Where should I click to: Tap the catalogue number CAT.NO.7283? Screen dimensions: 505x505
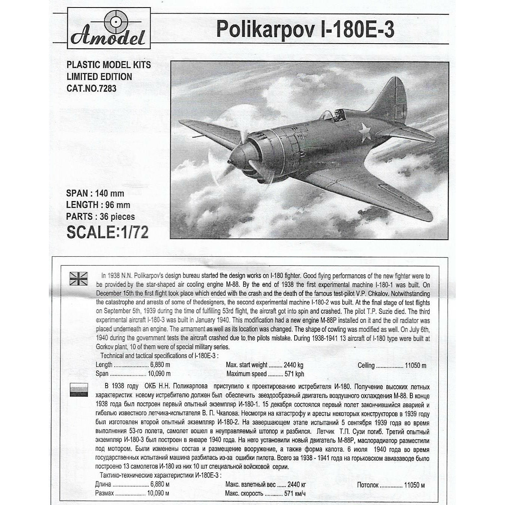(91, 89)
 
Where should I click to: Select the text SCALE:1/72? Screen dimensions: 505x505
(107, 232)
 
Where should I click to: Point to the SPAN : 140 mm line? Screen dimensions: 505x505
(95, 194)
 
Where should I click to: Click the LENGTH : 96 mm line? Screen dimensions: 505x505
(98, 205)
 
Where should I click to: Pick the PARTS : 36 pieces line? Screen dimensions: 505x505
(100, 217)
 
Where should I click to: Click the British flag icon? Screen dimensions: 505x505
(79, 279)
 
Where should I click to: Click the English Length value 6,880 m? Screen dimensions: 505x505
(160, 365)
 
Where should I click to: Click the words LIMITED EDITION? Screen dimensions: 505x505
(99, 77)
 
